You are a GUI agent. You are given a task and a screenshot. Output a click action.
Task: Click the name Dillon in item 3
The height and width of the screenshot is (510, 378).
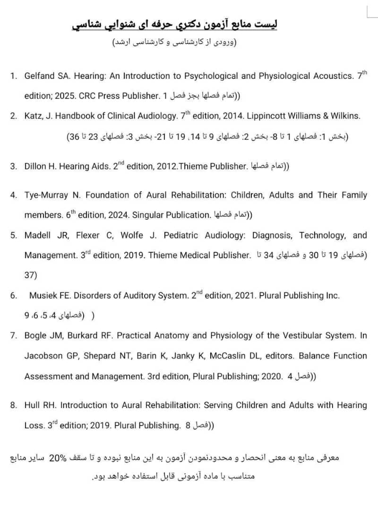35,166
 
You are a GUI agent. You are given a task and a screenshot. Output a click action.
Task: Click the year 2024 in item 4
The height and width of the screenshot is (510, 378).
119,215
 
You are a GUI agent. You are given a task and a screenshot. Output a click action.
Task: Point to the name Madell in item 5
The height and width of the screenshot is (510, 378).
37,235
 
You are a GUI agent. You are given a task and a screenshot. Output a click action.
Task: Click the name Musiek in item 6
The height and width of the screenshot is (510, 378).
43,296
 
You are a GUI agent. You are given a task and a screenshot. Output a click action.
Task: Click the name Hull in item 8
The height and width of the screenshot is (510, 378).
32,405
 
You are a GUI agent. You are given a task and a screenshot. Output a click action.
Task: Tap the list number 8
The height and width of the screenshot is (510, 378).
13,405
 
